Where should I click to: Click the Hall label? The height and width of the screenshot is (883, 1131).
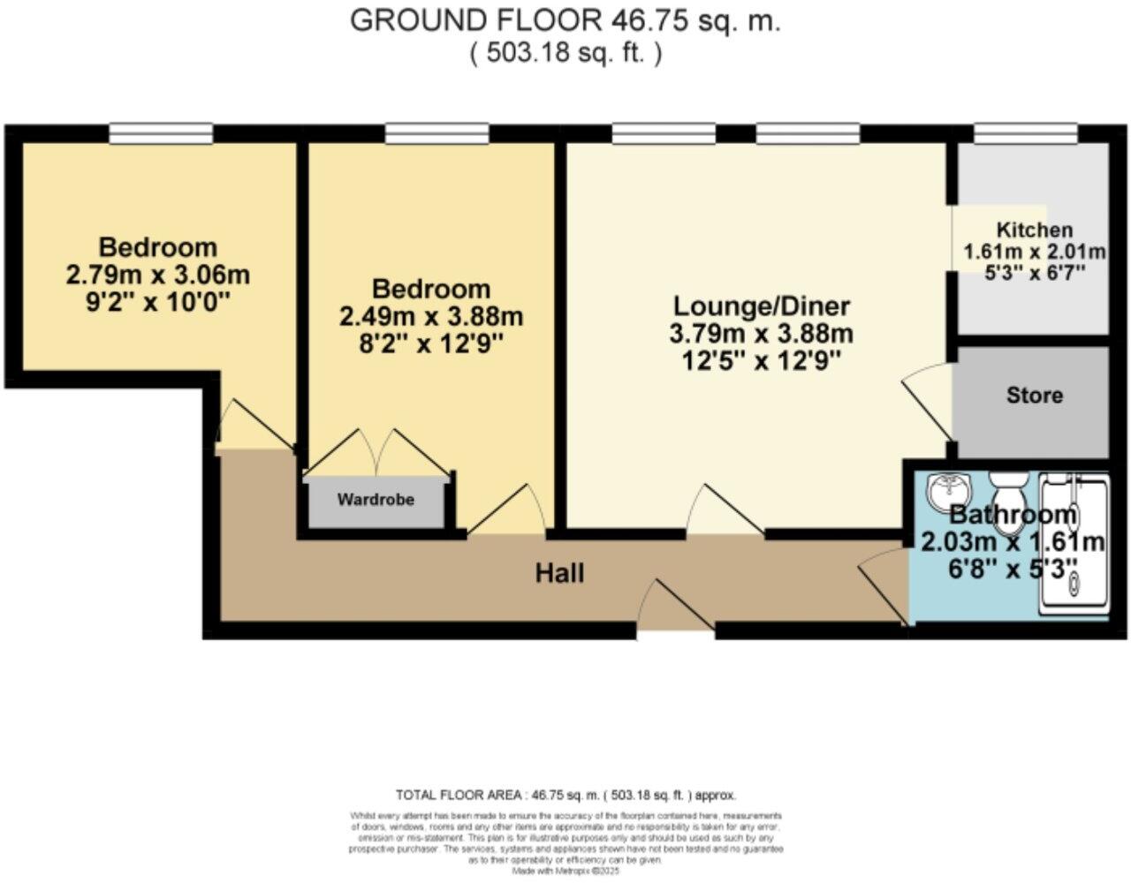pyautogui.click(x=559, y=574)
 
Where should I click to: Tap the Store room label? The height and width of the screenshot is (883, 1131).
pyautogui.click(x=1034, y=395)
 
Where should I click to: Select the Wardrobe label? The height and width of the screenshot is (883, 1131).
pyautogui.click(x=376, y=500)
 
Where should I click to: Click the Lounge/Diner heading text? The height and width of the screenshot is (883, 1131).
pyautogui.click(x=761, y=306)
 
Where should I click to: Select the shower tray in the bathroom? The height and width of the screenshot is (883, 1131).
pyautogui.click(x=1073, y=543)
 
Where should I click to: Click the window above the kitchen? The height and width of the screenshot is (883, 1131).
pyautogui.click(x=1025, y=133)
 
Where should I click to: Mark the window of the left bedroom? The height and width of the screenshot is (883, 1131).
pyautogui.click(x=161, y=133)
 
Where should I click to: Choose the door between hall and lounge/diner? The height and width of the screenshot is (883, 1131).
pyautogui.click(x=725, y=512)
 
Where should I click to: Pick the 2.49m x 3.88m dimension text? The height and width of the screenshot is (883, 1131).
pyautogui.click(x=431, y=316)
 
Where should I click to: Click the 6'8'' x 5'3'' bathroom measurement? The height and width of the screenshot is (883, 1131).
pyautogui.click(x=1013, y=566)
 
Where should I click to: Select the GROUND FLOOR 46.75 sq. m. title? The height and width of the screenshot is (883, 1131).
pyautogui.click(x=565, y=20)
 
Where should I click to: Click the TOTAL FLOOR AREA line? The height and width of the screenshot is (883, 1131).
pyautogui.click(x=565, y=795)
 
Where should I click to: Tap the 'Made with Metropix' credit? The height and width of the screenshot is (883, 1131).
pyautogui.click(x=565, y=871)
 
